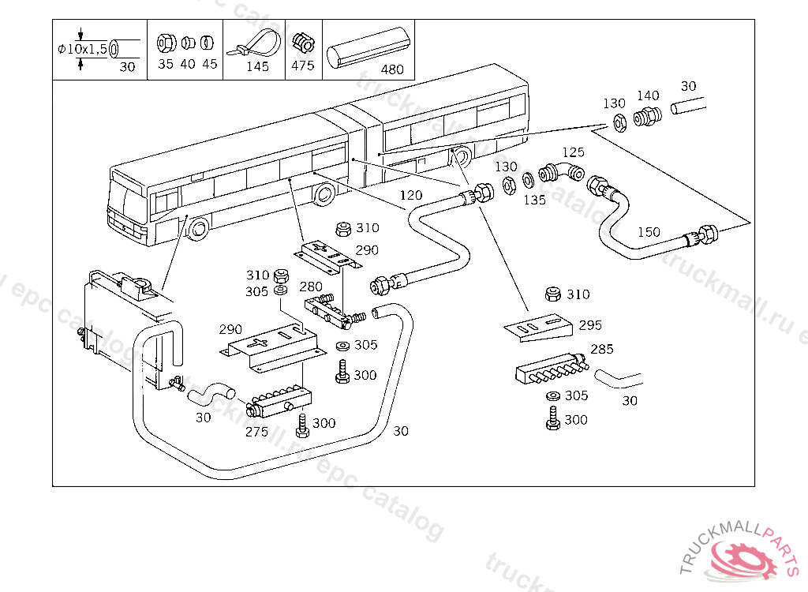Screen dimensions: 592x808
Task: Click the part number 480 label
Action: (392, 69)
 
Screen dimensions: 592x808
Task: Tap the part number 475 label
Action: (303, 66)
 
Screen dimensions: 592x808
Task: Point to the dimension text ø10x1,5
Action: (84, 49)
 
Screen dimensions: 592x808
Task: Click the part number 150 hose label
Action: (649, 232)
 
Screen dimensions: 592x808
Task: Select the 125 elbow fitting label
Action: (574, 152)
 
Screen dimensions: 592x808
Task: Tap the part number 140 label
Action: (648, 96)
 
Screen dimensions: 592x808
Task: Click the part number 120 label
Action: (410, 195)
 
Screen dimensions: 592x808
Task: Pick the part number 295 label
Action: (589, 324)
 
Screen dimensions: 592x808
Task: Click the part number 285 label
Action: (602, 349)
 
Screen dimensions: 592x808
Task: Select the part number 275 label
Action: (256, 432)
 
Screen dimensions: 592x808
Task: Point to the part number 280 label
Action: (311, 286)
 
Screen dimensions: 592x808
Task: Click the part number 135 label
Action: (534, 200)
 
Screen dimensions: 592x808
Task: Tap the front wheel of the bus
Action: (197, 229)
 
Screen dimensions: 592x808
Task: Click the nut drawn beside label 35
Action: (166, 42)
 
